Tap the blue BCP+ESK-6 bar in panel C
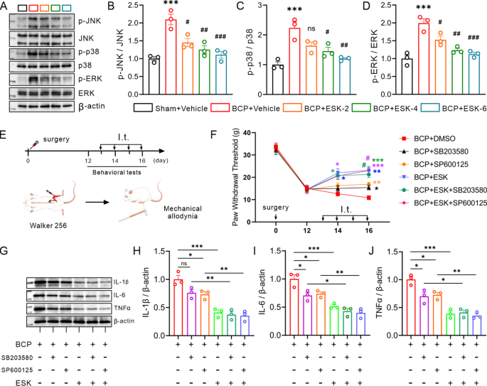[345, 73]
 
